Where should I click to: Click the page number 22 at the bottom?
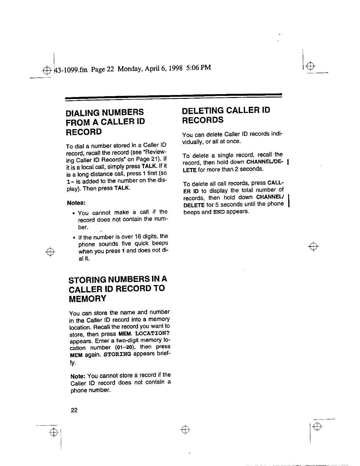pos(74,410)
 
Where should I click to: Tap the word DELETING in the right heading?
pos(201,111)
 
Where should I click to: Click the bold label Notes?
pos(76,203)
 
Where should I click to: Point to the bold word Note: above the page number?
pos(78,376)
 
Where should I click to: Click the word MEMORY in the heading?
pos(87,299)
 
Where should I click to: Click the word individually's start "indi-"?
pos(276,134)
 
